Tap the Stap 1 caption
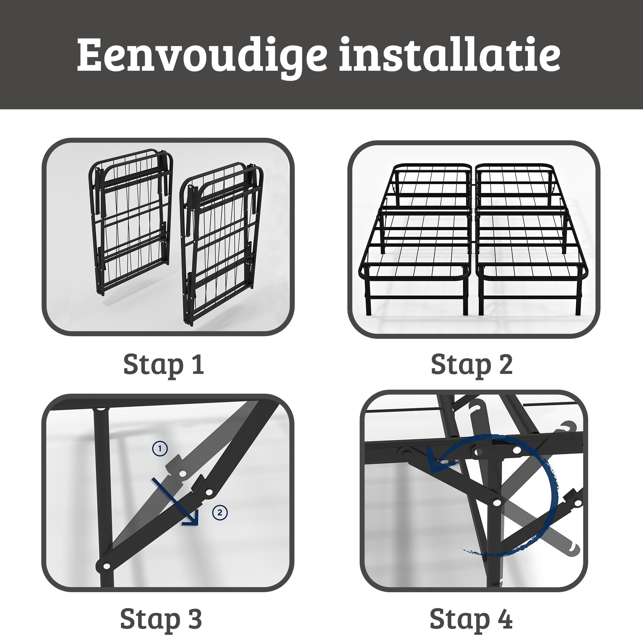[163, 366]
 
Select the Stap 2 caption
[472, 366]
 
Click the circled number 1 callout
[160, 448]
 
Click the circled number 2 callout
[220, 512]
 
